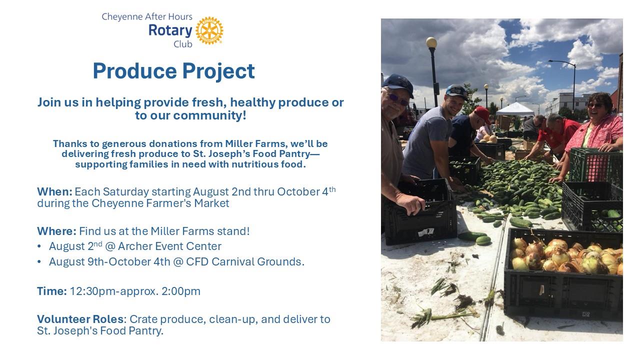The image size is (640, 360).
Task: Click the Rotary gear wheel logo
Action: pos(209,30)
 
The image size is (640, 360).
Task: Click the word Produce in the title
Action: pos(135,71)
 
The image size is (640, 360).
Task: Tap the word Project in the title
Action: pos(218,71)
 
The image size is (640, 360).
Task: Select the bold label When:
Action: pos(54,191)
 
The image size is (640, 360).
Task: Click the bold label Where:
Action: pos(56,231)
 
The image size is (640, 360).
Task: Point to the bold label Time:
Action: pos(52,291)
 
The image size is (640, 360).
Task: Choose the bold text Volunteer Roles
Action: pos(80,319)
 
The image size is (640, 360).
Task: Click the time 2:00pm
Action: pos(181,291)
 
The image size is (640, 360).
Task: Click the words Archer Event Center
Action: pos(169,246)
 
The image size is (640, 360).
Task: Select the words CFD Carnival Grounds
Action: pos(245,261)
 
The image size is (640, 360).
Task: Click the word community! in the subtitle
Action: pos(209,115)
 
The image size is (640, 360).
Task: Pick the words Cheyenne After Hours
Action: pos(147,16)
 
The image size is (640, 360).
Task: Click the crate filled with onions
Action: pos(563,274)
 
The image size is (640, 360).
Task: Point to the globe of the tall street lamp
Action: pos(431,42)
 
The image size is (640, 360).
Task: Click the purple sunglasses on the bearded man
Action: pos(398,99)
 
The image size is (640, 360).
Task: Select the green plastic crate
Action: pos(595,165)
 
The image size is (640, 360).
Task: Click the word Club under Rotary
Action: pos(183,44)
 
